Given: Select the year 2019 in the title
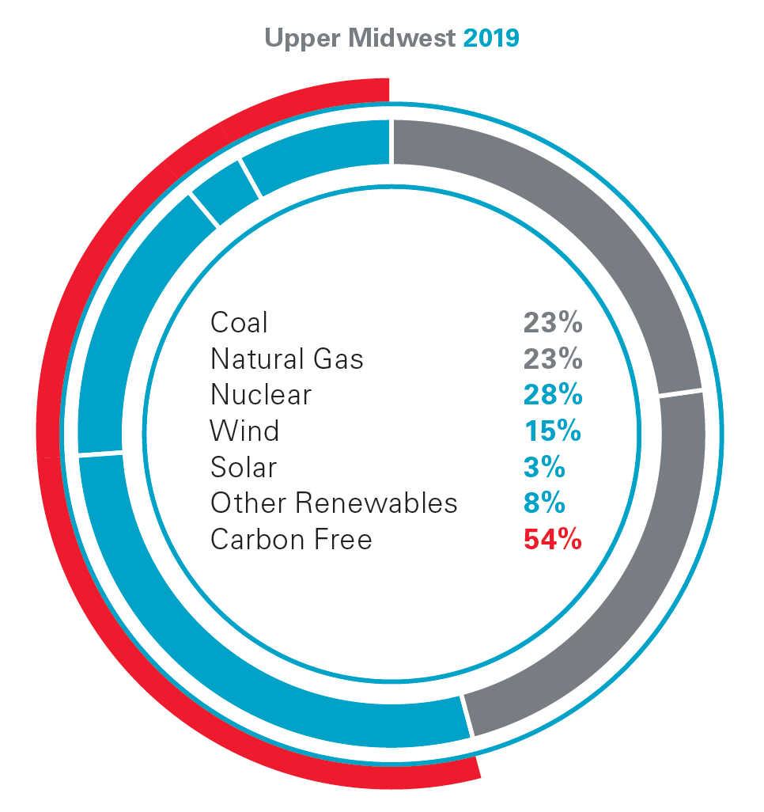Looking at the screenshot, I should point(491,38).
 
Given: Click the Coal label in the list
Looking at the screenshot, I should point(239,323).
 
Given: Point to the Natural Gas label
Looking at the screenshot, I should point(286,359).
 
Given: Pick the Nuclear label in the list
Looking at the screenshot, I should point(261,395).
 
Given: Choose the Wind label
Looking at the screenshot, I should point(244,431).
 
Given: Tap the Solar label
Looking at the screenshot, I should point(244,467).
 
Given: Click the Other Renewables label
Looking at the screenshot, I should point(334,503).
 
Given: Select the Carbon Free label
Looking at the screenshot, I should point(291,540).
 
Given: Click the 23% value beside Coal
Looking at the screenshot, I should point(552,323).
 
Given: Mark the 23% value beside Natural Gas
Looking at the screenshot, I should point(552,359).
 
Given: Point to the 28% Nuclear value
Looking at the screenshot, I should point(552,395).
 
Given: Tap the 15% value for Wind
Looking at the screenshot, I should point(552,431).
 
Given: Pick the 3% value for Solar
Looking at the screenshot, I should point(544,467).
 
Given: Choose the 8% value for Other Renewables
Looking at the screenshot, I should point(544,503).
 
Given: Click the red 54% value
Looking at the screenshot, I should point(552,540).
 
